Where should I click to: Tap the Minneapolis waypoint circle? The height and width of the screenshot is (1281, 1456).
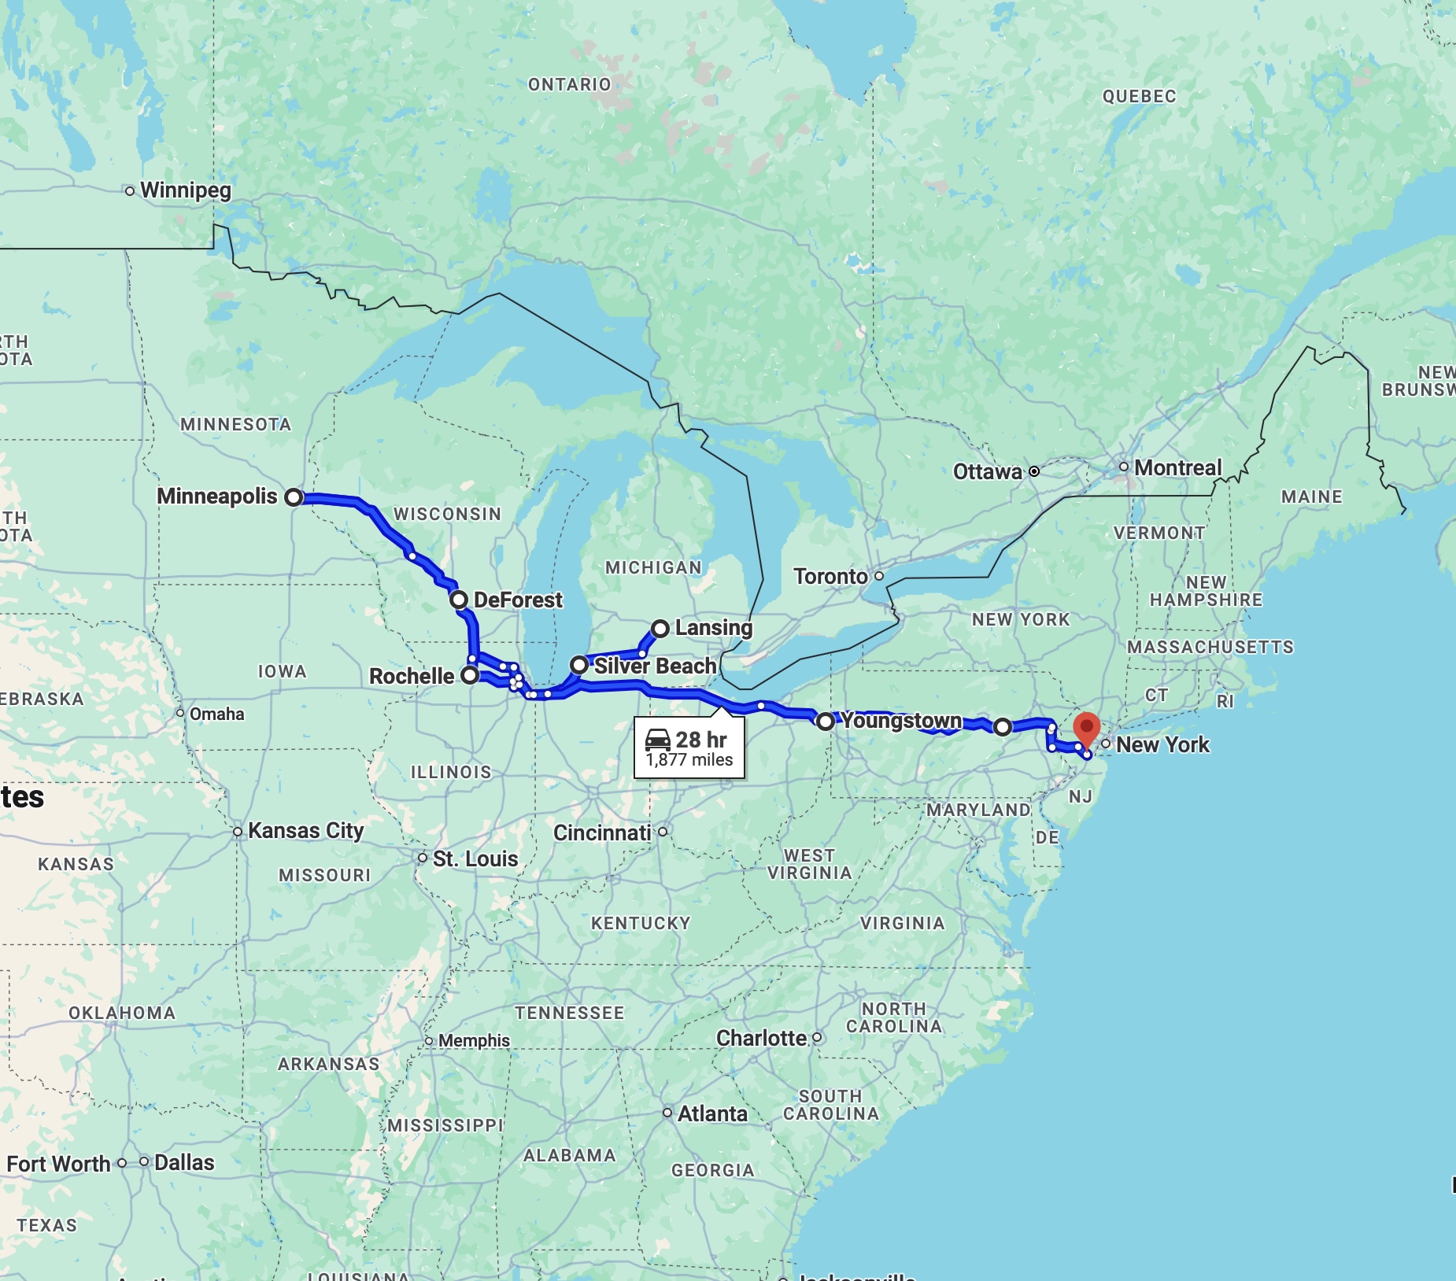(x=294, y=497)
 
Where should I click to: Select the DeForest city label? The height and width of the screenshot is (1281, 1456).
(x=518, y=600)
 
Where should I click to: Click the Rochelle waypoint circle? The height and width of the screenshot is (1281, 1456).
(x=470, y=675)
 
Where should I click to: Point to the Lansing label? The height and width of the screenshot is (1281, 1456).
(x=713, y=628)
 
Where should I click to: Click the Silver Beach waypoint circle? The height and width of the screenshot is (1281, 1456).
(x=579, y=665)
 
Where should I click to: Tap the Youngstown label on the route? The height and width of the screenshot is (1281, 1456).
(x=902, y=721)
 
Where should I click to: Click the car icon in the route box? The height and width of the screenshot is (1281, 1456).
(x=658, y=740)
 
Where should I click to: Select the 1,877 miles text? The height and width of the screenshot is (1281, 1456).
(x=689, y=760)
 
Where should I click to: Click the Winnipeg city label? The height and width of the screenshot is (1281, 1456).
(x=186, y=190)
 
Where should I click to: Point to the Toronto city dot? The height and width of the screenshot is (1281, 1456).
(x=879, y=576)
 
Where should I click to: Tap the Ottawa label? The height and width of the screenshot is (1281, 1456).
(x=987, y=472)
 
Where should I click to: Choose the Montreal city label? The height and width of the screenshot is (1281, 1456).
(x=1177, y=468)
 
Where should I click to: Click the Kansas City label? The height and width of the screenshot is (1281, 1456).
(x=305, y=831)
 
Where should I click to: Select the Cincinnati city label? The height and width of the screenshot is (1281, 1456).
(x=602, y=832)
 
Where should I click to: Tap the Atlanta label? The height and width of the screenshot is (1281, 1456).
(x=712, y=1114)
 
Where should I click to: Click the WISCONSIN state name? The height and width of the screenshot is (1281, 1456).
(x=447, y=515)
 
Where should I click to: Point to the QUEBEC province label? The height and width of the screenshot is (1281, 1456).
(x=1139, y=97)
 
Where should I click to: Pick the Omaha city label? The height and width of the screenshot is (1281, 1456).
(x=216, y=714)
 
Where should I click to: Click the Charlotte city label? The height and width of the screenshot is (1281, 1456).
(x=761, y=1039)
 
